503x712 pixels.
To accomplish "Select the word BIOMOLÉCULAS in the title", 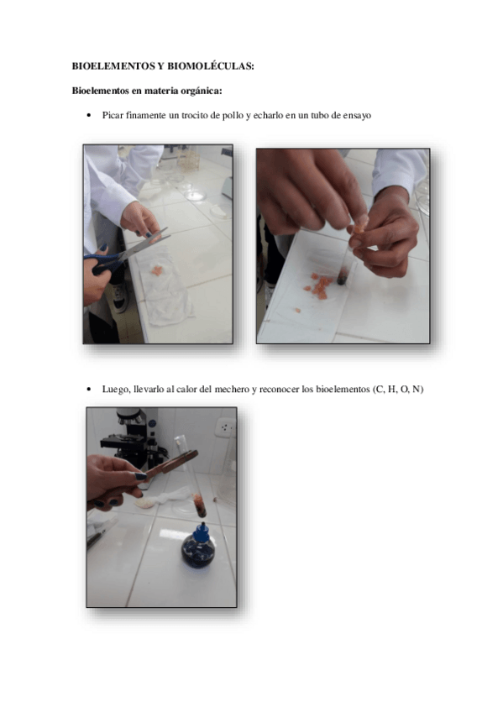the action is (211, 66).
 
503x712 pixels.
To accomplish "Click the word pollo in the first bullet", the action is (233, 115).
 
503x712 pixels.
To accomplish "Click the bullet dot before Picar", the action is (88, 115).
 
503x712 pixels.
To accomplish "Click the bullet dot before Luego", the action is (88, 389).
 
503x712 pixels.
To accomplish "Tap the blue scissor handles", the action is (102, 264).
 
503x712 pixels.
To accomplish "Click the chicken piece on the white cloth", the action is (157, 271).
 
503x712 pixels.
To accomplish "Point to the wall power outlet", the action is (226, 427).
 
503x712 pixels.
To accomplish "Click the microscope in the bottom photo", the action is (132, 437).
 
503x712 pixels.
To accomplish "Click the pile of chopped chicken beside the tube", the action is (317, 286).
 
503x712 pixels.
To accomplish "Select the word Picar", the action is (113, 115).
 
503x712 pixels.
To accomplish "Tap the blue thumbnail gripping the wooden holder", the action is (141, 477).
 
